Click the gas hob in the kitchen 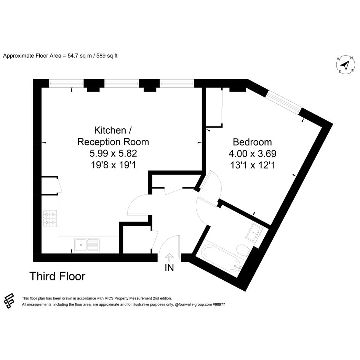pos(50,218)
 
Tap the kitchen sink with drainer pos(87,245)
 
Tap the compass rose pos(346,65)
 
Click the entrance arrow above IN pos(169,258)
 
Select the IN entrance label pos(169,268)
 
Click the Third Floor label pos(58,276)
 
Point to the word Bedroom pos(252,142)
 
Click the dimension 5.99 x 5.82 pos(113,153)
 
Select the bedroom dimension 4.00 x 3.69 pos(252,154)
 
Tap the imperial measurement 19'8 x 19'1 pos(114,165)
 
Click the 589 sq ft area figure pos(107,56)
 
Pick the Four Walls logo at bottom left pos(9,301)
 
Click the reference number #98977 pos(219,304)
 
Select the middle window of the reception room pos(122,83)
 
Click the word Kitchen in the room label pos(110,130)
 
